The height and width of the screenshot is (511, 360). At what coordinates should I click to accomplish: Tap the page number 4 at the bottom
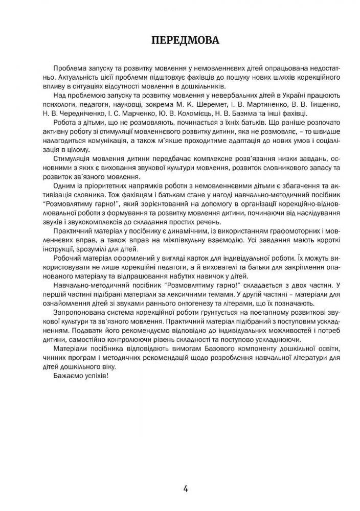186,488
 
